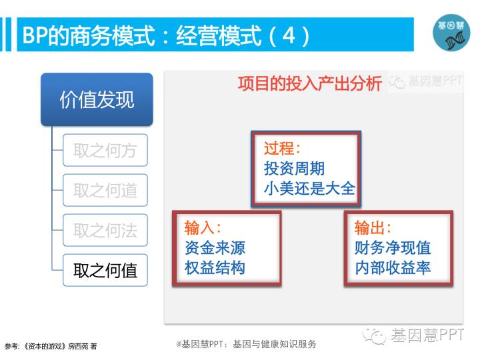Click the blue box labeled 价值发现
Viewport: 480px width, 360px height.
click(97, 99)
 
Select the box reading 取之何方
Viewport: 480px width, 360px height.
click(105, 150)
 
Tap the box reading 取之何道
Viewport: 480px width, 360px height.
click(105, 190)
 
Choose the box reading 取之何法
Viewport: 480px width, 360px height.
click(105, 230)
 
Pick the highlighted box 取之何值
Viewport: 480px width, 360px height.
click(105, 270)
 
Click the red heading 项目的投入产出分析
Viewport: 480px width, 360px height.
click(310, 83)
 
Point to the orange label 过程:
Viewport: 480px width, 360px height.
click(282, 148)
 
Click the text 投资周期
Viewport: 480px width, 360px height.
click(294, 169)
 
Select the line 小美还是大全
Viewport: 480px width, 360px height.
click(309, 188)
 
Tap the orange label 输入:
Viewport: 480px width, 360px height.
click(203, 228)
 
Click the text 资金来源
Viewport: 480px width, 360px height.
click(215, 247)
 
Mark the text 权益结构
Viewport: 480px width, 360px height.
click(215, 267)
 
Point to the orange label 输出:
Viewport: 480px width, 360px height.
click(373, 228)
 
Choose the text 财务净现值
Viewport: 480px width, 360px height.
click(393, 247)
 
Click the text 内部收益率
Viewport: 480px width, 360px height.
click(393, 267)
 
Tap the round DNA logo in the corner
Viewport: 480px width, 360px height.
click(451, 33)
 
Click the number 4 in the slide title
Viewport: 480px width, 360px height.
click(289, 35)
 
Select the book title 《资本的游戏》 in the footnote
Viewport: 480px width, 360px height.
click(45, 346)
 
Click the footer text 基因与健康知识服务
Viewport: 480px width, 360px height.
click(274, 344)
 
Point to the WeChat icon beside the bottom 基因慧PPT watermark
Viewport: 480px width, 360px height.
click(374, 337)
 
